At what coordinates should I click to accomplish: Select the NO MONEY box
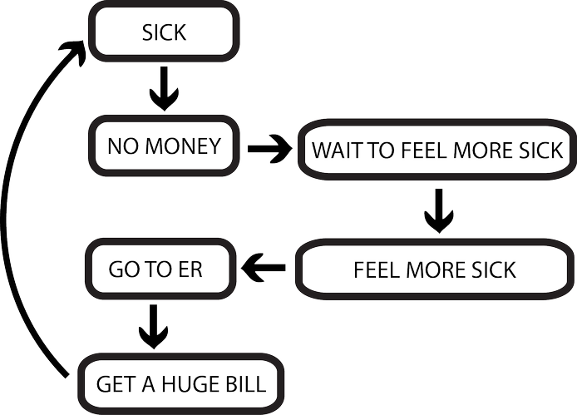tap(165, 146)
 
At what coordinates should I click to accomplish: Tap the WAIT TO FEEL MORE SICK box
tap(437, 151)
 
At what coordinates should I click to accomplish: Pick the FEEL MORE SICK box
tap(434, 269)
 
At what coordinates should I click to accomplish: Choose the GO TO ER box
tap(160, 269)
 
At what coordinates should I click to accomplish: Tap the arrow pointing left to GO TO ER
tap(264, 268)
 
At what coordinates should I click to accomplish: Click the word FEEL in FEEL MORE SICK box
tap(375, 270)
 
